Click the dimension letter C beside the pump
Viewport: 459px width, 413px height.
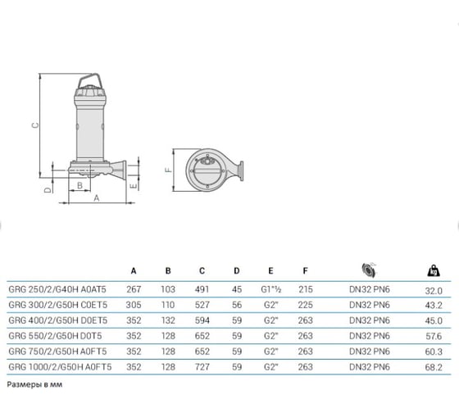coord(35,125)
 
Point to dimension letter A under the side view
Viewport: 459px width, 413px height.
coord(97,198)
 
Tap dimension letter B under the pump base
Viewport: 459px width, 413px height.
coord(80,185)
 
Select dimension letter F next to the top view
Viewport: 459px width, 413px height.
coord(169,170)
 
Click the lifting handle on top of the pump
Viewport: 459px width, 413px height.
coord(90,79)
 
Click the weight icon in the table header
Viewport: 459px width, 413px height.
coord(434,270)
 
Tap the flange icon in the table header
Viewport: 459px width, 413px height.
coord(369,270)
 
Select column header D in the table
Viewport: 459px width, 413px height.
coord(237,271)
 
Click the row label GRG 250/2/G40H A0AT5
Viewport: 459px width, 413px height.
coord(57,289)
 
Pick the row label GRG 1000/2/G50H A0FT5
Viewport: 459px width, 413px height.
coord(60,367)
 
